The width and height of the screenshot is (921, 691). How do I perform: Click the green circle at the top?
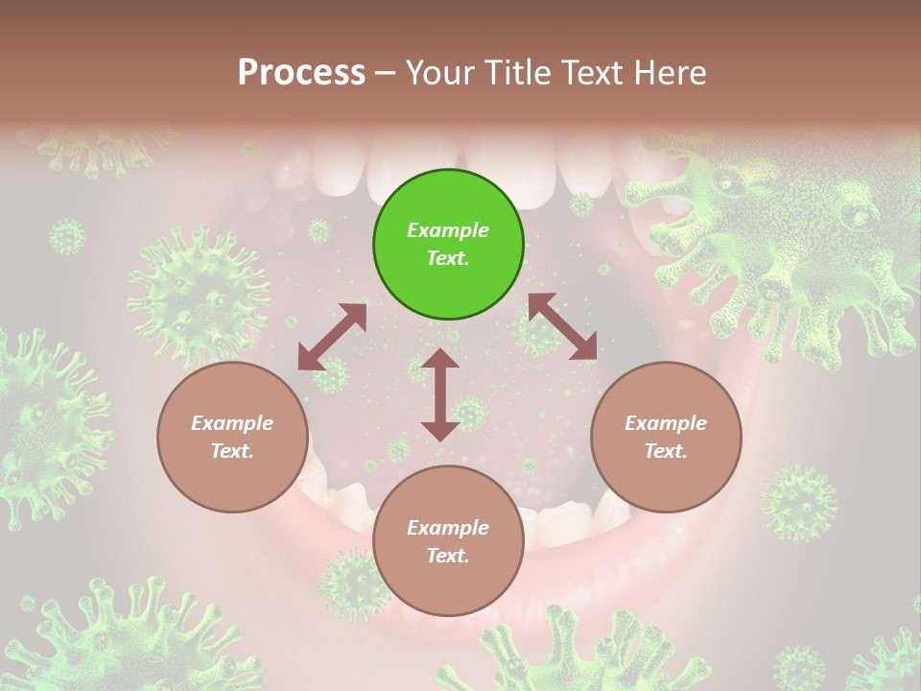[448, 245]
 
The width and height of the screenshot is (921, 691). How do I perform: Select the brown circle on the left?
[232, 438]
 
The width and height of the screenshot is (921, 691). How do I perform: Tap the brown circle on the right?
[665, 438]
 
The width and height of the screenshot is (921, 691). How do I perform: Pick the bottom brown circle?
[448, 541]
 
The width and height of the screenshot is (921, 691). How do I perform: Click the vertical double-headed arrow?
[440, 394]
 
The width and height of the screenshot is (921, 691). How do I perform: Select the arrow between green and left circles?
[332, 337]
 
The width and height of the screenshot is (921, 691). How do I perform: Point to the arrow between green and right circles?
[563, 326]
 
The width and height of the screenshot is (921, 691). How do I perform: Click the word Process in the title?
[301, 73]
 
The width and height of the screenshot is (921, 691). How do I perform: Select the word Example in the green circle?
[448, 230]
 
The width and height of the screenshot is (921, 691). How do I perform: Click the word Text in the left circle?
[232, 451]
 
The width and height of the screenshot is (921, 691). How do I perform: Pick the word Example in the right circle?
[665, 423]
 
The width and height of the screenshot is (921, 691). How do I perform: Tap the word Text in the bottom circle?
[448, 556]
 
